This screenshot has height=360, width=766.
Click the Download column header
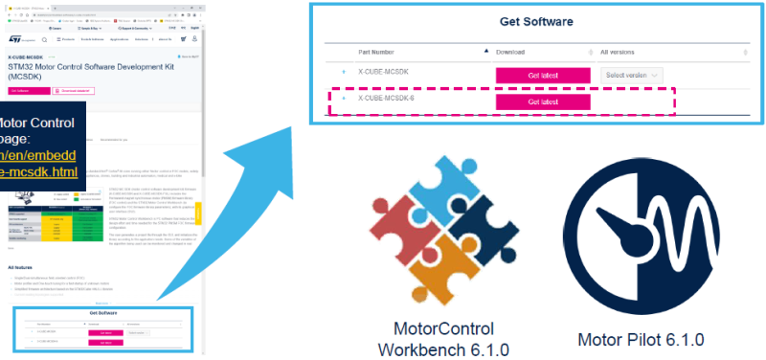click(x=511, y=52)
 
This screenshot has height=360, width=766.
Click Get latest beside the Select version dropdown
click(x=543, y=75)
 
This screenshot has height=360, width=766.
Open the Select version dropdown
click(x=633, y=75)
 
